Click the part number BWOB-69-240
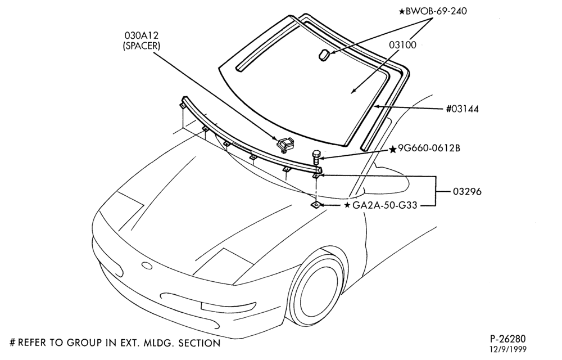[x=436, y=11]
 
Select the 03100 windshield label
[x=403, y=45]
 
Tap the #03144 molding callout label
[x=463, y=109]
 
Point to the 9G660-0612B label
[x=429, y=148]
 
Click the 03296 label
[x=467, y=191]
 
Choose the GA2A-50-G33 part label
[x=384, y=205]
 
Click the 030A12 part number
[x=142, y=35]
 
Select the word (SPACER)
[x=141, y=46]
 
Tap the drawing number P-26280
[x=507, y=339]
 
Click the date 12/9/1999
[x=508, y=349]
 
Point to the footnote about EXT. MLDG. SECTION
[x=115, y=343]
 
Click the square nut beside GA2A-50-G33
[x=315, y=205]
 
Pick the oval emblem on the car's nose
[x=147, y=265]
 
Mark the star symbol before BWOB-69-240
[x=402, y=11]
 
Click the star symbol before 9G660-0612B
[x=393, y=149]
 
